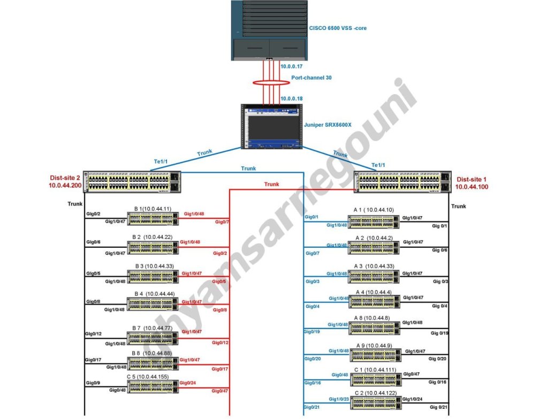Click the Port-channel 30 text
(311, 78)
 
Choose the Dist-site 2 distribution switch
(133, 182)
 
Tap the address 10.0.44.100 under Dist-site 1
(471, 187)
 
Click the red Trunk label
(271, 184)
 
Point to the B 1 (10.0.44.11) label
(153, 209)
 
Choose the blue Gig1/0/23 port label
(338, 399)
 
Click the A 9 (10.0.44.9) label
(374, 346)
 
